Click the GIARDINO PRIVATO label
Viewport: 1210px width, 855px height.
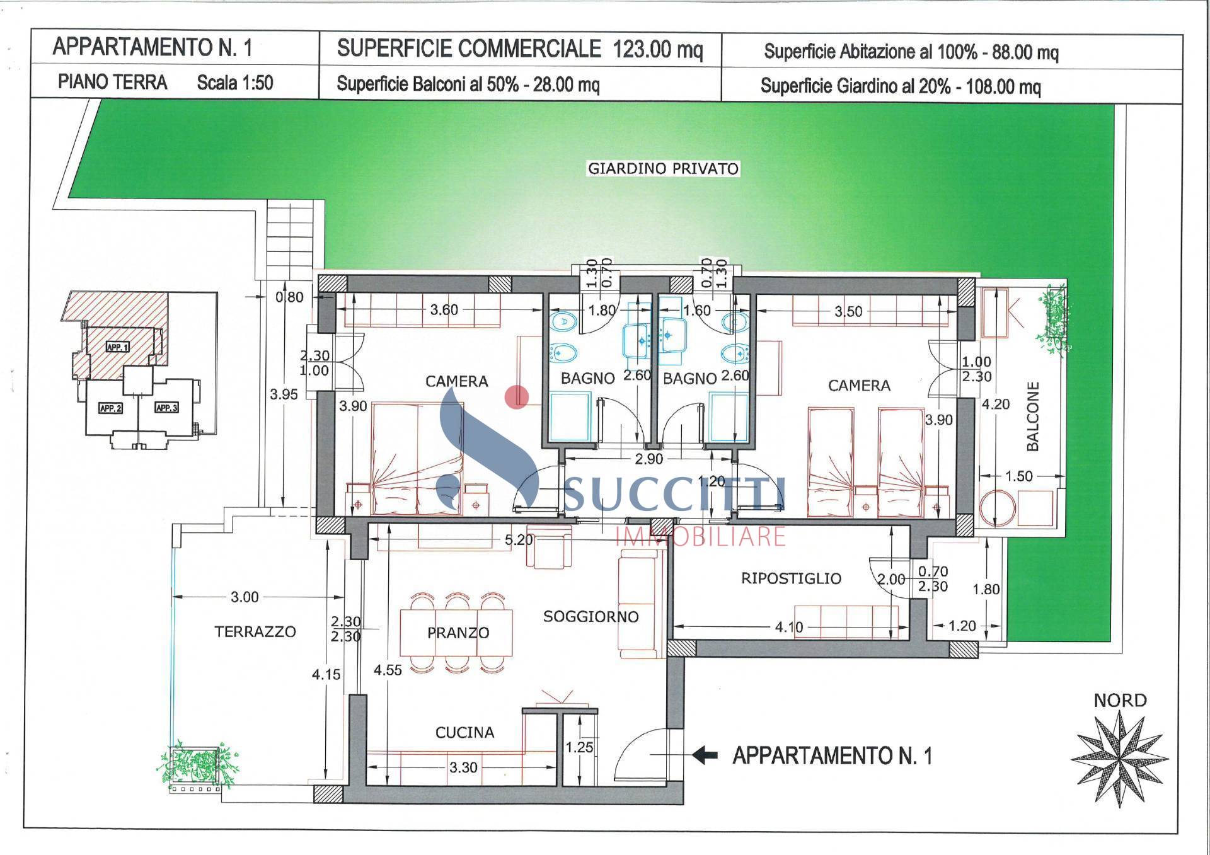pyautogui.click(x=662, y=169)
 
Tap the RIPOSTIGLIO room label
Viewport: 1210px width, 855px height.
pyautogui.click(x=791, y=578)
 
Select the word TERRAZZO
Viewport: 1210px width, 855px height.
pyautogui.click(x=255, y=631)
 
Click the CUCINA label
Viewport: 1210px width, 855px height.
pyautogui.click(x=464, y=732)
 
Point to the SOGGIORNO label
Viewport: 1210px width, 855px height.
pyautogui.click(x=591, y=616)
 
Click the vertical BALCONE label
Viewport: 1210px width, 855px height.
pyautogui.click(x=1032, y=416)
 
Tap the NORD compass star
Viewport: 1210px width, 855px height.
pyautogui.click(x=1120, y=759)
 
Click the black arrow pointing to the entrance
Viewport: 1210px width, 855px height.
pyautogui.click(x=705, y=754)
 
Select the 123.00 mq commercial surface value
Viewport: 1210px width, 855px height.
pyautogui.click(x=657, y=49)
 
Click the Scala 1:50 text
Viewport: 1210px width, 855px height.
pyautogui.click(x=234, y=83)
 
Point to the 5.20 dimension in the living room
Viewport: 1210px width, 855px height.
pyautogui.click(x=518, y=540)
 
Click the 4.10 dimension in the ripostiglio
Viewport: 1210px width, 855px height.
pyautogui.click(x=789, y=627)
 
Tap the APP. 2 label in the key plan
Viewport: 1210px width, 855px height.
pyautogui.click(x=110, y=408)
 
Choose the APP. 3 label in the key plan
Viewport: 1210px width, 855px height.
pyautogui.click(x=166, y=408)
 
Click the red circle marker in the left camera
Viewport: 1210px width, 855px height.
pyautogui.click(x=517, y=397)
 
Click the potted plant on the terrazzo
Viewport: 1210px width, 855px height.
pyautogui.click(x=197, y=764)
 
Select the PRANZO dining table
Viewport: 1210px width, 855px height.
pyautogui.click(x=457, y=632)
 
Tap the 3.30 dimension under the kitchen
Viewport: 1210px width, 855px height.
pyautogui.click(x=463, y=767)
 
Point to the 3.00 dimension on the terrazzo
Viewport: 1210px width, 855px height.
pyautogui.click(x=245, y=597)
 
